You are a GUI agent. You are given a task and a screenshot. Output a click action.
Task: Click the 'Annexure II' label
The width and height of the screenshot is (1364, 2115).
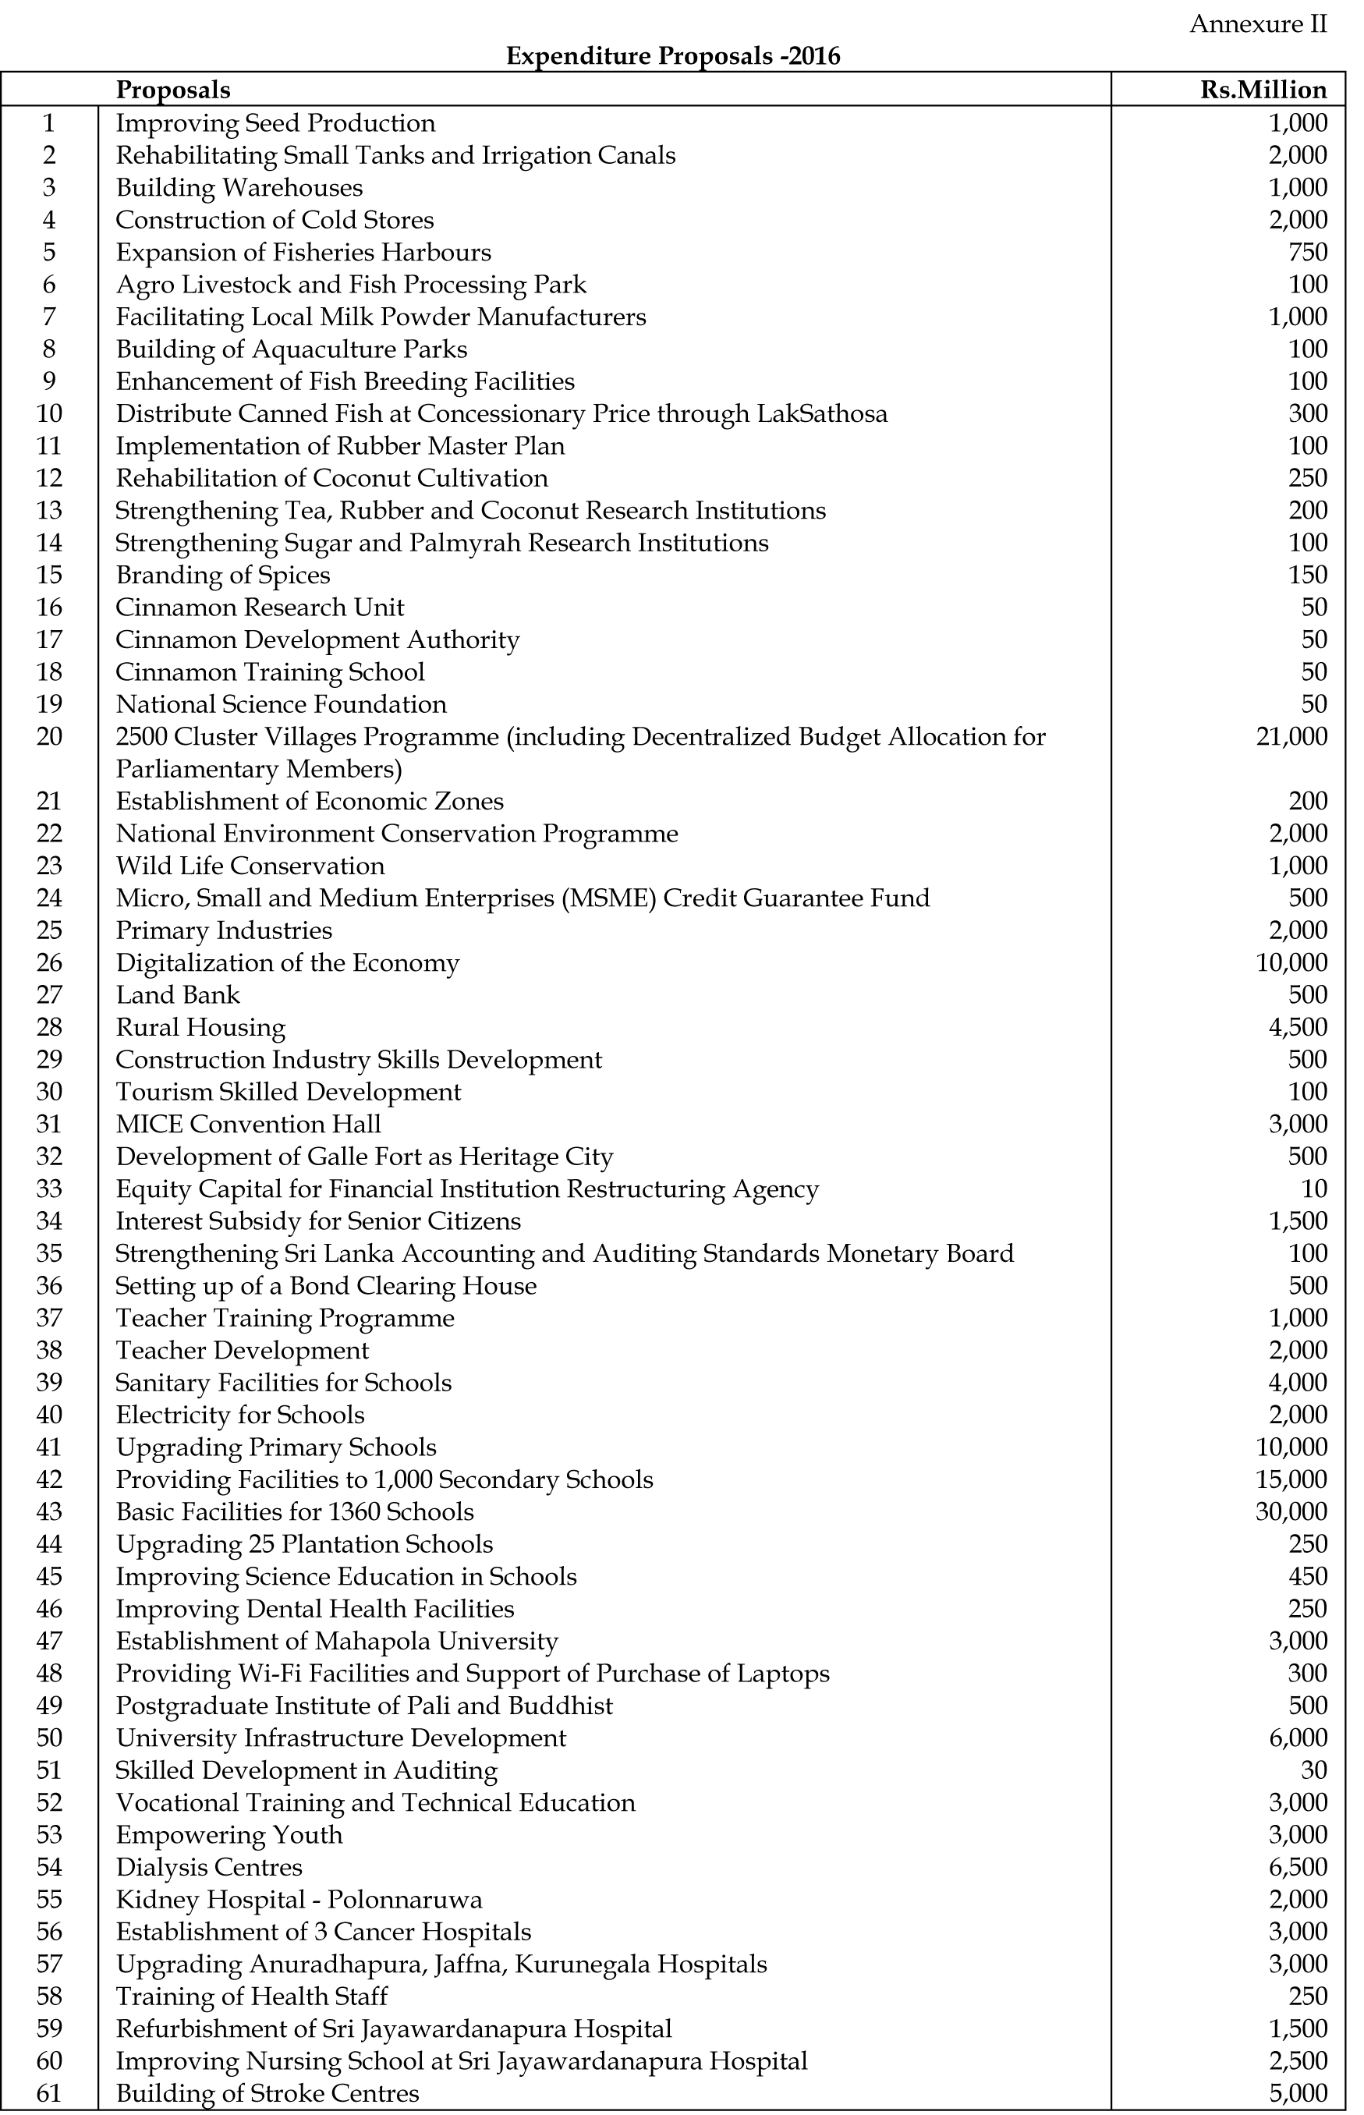[1258, 24]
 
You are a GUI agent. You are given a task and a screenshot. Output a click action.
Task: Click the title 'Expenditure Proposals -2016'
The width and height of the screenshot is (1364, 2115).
[673, 57]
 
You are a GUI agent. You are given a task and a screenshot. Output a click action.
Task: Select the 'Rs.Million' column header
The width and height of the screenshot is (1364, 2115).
[1263, 90]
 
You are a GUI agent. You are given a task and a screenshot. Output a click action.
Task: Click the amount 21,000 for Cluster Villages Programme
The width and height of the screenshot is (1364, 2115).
[1291, 736]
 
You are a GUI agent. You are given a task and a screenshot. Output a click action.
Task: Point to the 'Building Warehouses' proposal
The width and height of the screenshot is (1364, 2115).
[239, 188]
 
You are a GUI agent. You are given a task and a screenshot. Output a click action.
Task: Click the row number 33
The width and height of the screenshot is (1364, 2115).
[50, 1189]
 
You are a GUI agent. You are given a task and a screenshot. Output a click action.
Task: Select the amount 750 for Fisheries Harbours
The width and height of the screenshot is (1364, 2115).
[1307, 253]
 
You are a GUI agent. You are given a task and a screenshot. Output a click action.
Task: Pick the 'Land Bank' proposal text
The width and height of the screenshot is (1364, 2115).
[178, 994]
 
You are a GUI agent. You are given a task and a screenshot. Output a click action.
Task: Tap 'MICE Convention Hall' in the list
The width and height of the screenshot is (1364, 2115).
[248, 1124]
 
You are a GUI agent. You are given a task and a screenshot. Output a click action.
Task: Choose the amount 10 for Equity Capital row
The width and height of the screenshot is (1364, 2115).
[1314, 1189]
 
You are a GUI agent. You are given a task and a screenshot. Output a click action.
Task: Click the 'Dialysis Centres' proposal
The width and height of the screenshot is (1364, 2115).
[209, 1867]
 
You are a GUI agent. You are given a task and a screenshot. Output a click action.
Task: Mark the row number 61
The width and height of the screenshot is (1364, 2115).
[50, 2093]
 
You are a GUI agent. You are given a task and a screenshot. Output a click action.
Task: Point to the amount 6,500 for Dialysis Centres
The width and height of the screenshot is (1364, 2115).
[1298, 1867]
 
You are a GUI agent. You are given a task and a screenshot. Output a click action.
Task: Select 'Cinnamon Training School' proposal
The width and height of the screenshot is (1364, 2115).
[270, 671]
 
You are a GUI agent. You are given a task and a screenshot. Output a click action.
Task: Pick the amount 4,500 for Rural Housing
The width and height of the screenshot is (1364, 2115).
[1298, 1027]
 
